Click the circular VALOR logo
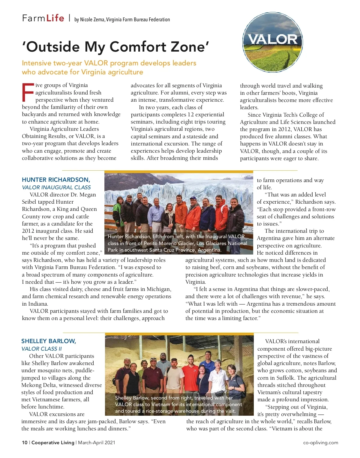272,42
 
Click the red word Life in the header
55,18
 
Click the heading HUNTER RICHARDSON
56,180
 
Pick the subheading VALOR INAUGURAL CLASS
56,187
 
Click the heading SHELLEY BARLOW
49,341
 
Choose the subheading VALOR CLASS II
41,349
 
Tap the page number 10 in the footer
25,442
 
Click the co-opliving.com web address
320,442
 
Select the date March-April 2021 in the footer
97,442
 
